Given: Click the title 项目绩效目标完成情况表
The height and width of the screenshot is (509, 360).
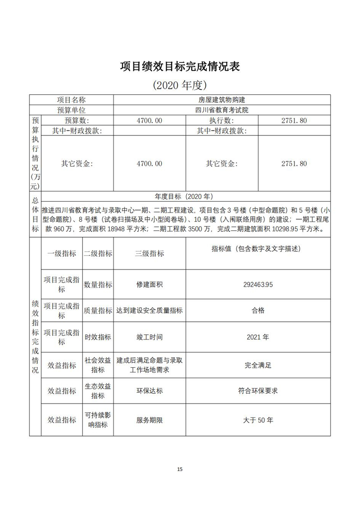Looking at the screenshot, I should click(180, 67).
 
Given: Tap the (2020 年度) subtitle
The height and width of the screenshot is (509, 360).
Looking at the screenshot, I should click(180, 85).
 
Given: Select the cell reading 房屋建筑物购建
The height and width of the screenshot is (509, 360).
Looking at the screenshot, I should click(222, 99).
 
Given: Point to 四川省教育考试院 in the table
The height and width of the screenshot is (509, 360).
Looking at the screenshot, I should click(222, 110).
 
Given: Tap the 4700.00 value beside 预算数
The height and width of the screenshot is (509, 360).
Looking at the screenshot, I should click(149, 120).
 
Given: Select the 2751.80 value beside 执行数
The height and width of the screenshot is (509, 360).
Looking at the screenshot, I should click(294, 120).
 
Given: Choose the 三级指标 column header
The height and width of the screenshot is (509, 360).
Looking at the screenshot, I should click(149, 253).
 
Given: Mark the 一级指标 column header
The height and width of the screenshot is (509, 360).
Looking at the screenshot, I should click(62, 253).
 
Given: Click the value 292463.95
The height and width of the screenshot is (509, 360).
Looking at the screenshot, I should click(258, 285).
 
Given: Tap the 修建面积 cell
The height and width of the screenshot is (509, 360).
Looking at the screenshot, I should click(149, 285).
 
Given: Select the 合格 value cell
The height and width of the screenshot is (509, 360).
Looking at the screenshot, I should click(258, 311).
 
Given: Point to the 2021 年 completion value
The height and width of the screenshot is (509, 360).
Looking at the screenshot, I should click(258, 337).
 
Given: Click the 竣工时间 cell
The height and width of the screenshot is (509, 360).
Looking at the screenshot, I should click(149, 337).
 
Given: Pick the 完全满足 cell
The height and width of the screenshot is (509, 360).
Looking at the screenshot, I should click(258, 365).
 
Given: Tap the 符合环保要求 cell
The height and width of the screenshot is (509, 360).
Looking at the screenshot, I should click(258, 391).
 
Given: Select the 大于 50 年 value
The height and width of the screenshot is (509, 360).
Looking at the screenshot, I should click(258, 420).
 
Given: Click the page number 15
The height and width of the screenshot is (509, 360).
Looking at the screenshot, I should click(180, 469).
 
